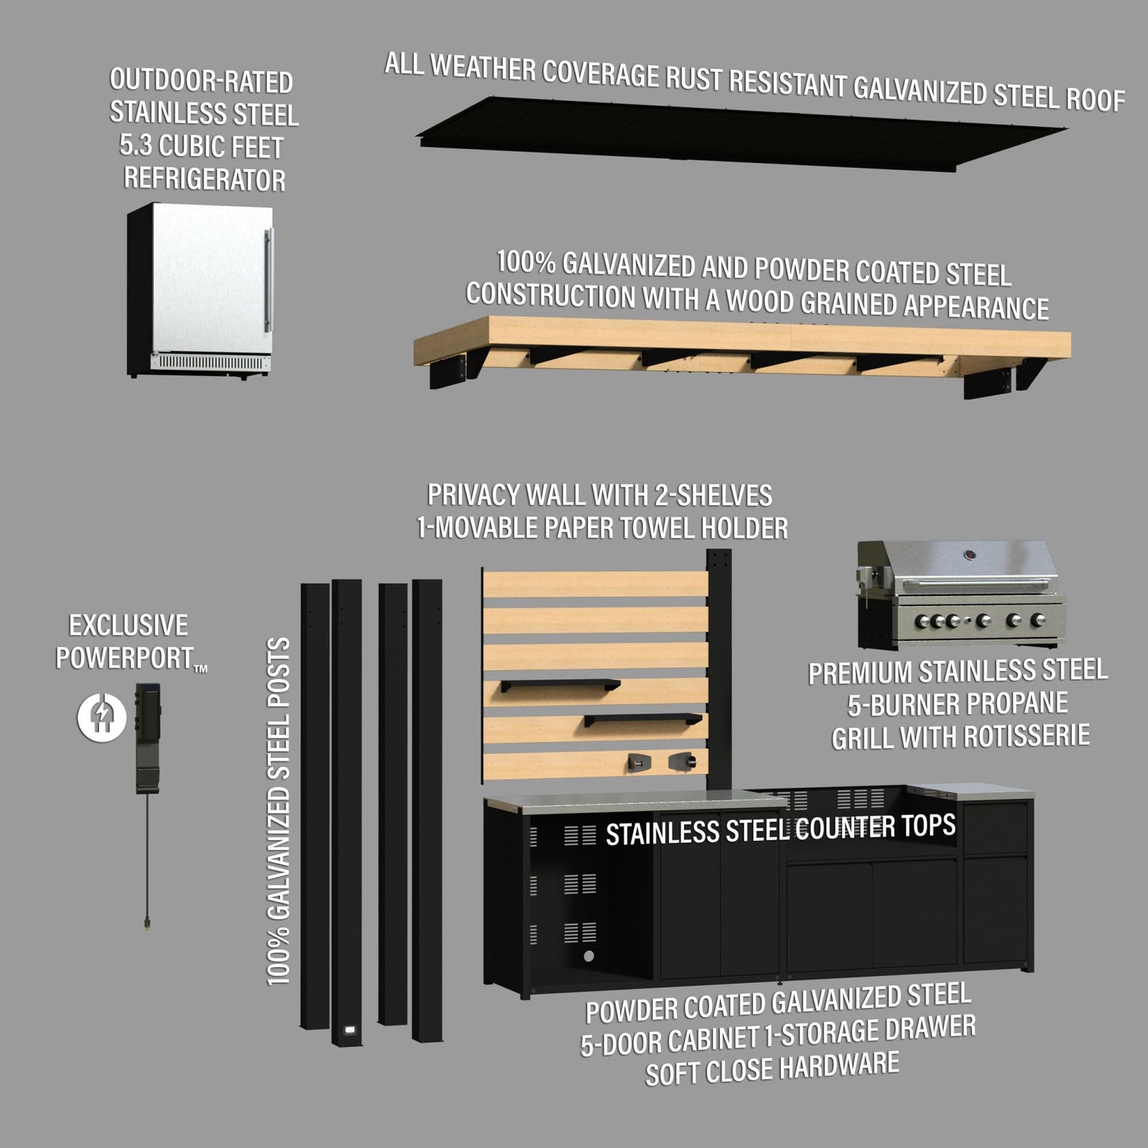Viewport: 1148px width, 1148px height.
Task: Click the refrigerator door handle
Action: pyautogui.click(x=269, y=280)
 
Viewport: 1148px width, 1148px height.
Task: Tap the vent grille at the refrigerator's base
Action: pyautogui.click(x=208, y=362)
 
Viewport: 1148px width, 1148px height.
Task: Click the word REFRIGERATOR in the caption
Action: pyautogui.click(x=204, y=180)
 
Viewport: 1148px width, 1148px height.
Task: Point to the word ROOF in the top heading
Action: pyautogui.click(x=1096, y=99)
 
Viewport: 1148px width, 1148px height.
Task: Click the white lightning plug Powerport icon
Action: pyautogui.click(x=101, y=717)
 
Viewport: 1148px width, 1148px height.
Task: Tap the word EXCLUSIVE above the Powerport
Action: pyautogui.click(x=128, y=626)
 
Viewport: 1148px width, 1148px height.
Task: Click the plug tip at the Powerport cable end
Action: pyautogui.click(x=147, y=924)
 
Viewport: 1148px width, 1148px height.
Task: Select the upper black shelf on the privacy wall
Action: pyautogui.click(x=560, y=685)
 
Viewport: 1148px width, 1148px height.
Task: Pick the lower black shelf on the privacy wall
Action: pyautogui.click(x=643, y=720)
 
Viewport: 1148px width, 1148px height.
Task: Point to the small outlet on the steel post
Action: pyautogui.click(x=348, y=1030)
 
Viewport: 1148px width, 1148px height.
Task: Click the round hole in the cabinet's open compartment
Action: pyautogui.click(x=589, y=956)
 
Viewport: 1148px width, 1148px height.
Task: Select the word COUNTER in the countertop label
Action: pyautogui.click(x=844, y=828)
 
